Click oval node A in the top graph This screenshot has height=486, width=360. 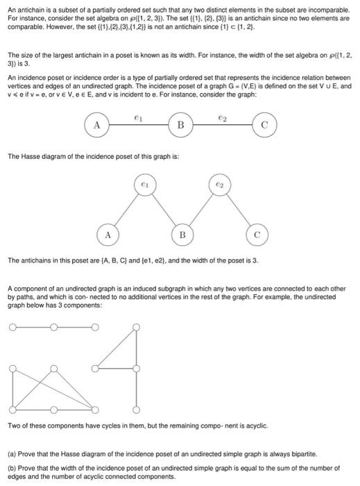96,125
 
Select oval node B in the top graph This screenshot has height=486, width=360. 180,126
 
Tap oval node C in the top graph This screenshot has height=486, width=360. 264,125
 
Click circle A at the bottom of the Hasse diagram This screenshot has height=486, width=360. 108,235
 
